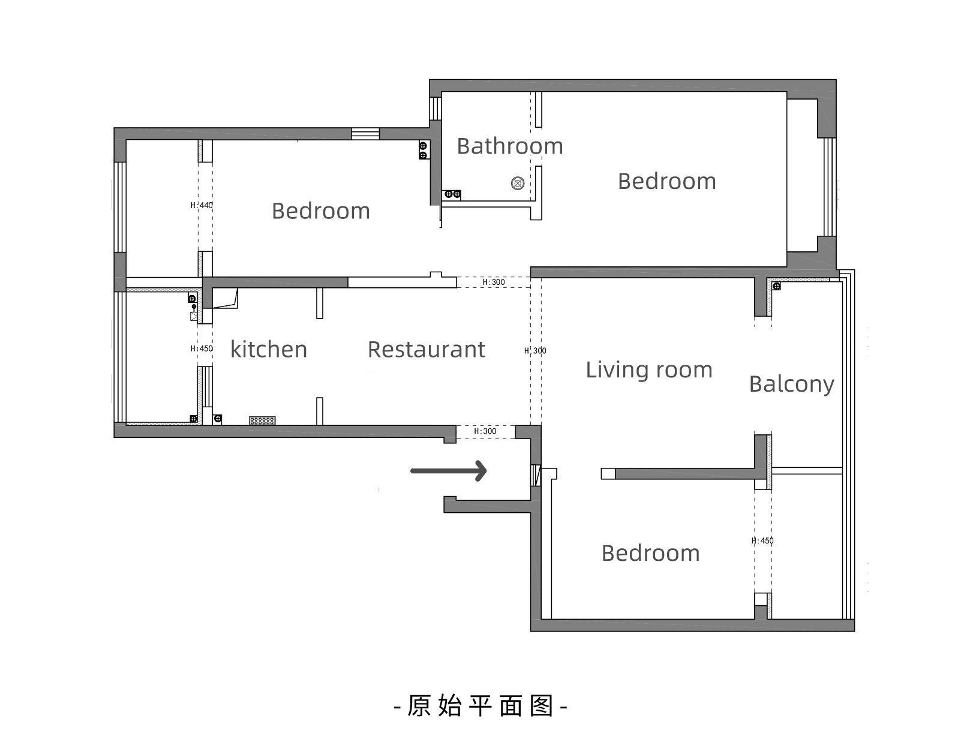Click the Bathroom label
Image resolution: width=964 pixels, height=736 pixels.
pos(509,146)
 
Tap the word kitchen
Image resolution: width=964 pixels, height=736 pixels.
pos(269,350)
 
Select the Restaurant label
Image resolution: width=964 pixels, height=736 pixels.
pos(426,350)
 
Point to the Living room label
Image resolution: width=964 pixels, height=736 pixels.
pos(648,369)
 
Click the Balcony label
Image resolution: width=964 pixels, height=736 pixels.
pos(791,384)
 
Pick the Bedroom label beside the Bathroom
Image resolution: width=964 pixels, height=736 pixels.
pos(666,181)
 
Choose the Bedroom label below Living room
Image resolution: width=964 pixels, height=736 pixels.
pos(650,553)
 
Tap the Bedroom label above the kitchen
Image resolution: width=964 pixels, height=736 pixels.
pos(320,211)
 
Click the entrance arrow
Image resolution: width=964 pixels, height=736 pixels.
pos(448,471)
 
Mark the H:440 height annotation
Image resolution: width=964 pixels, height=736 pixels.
pos(202,205)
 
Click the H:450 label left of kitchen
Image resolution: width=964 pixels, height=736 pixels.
pos(202,349)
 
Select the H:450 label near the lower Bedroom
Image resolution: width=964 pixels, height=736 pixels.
pos(762,540)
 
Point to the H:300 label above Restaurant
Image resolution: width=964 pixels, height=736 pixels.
pos(494,282)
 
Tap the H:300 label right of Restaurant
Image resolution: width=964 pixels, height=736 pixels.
pos(535,351)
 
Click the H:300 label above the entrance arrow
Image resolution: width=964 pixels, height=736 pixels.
pos(485,431)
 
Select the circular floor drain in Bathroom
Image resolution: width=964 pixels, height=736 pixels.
pos(518,183)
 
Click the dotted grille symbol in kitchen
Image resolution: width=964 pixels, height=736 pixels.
pos(262,420)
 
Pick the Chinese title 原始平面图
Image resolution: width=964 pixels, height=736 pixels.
pos(481,706)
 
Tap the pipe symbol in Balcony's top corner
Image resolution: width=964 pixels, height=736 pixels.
pos(776,286)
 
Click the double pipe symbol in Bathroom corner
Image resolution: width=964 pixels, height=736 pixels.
pos(452,194)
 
